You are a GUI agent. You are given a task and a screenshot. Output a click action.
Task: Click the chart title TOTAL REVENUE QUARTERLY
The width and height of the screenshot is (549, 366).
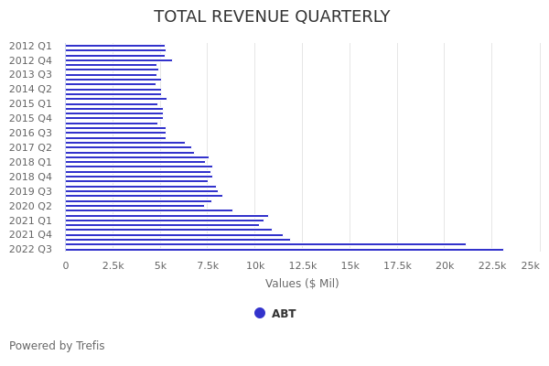(x=272, y=16)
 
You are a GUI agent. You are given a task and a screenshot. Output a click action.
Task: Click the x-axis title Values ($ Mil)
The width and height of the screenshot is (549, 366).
(x=302, y=284)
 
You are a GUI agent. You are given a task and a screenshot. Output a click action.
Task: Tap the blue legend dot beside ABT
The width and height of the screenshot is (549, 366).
(x=260, y=313)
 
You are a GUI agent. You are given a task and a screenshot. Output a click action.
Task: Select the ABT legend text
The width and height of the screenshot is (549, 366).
(x=284, y=314)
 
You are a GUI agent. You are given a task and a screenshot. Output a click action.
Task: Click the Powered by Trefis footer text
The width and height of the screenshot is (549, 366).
(x=57, y=346)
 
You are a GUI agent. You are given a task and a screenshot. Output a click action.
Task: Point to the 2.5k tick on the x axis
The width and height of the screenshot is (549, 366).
(x=113, y=265)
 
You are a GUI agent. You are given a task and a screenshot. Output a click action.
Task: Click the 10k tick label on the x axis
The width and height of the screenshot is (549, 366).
(x=255, y=265)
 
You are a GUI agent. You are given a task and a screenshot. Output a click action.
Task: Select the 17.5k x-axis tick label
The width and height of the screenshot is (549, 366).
(x=397, y=265)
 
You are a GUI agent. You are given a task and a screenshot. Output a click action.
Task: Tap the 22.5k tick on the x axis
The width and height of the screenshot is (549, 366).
(x=492, y=265)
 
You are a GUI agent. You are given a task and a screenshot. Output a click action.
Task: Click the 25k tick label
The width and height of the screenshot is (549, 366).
(x=530, y=265)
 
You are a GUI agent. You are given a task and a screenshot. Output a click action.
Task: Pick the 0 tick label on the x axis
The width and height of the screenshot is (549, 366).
(x=65, y=265)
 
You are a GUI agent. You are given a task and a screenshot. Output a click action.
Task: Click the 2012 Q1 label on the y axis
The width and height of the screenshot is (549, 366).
(x=30, y=46)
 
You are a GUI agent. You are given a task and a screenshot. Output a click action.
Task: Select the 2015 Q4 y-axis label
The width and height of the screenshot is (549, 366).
(x=30, y=118)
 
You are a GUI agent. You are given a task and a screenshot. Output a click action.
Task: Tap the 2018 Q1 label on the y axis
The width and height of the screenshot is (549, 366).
(x=30, y=162)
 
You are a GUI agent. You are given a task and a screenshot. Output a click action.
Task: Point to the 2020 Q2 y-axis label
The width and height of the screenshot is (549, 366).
(x=30, y=206)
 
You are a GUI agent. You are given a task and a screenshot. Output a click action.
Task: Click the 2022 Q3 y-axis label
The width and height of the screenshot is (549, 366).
(x=30, y=249)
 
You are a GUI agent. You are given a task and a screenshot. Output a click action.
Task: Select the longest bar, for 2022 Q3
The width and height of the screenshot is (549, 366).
(x=284, y=249)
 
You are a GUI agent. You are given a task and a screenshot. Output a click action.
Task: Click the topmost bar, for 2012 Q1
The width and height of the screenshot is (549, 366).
(x=114, y=46)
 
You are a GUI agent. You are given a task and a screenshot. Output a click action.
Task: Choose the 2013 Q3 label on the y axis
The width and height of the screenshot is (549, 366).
(x=30, y=74)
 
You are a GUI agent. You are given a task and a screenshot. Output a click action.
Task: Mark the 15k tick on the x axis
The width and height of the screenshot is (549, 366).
(x=350, y=265)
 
